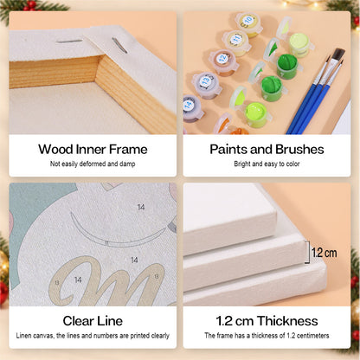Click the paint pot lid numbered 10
[248, 21]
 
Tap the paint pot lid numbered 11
[236, 39]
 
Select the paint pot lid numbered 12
[222, 59]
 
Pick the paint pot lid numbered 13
[206, 81]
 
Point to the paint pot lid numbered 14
[188, 105]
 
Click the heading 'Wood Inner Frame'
[93, 150]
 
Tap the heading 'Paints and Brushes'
[267, 150]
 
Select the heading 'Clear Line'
[93, 321]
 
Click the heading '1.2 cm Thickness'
[267, 321]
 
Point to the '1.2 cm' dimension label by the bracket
[325, 253]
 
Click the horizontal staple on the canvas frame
[69, 42]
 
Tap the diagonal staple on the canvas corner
[119, 45]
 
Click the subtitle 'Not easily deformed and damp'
[93, 164]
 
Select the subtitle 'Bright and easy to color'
[267, 164]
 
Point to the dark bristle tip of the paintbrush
[338, 55]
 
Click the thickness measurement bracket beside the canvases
[307, 253]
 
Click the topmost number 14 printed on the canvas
[141, 207]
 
